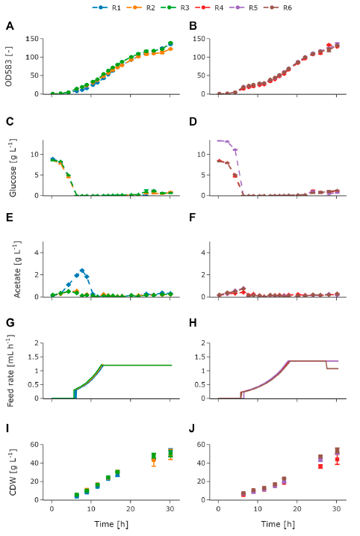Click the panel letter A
[10, 27]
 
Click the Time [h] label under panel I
[111, 526]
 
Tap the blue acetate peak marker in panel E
[82, 271]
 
